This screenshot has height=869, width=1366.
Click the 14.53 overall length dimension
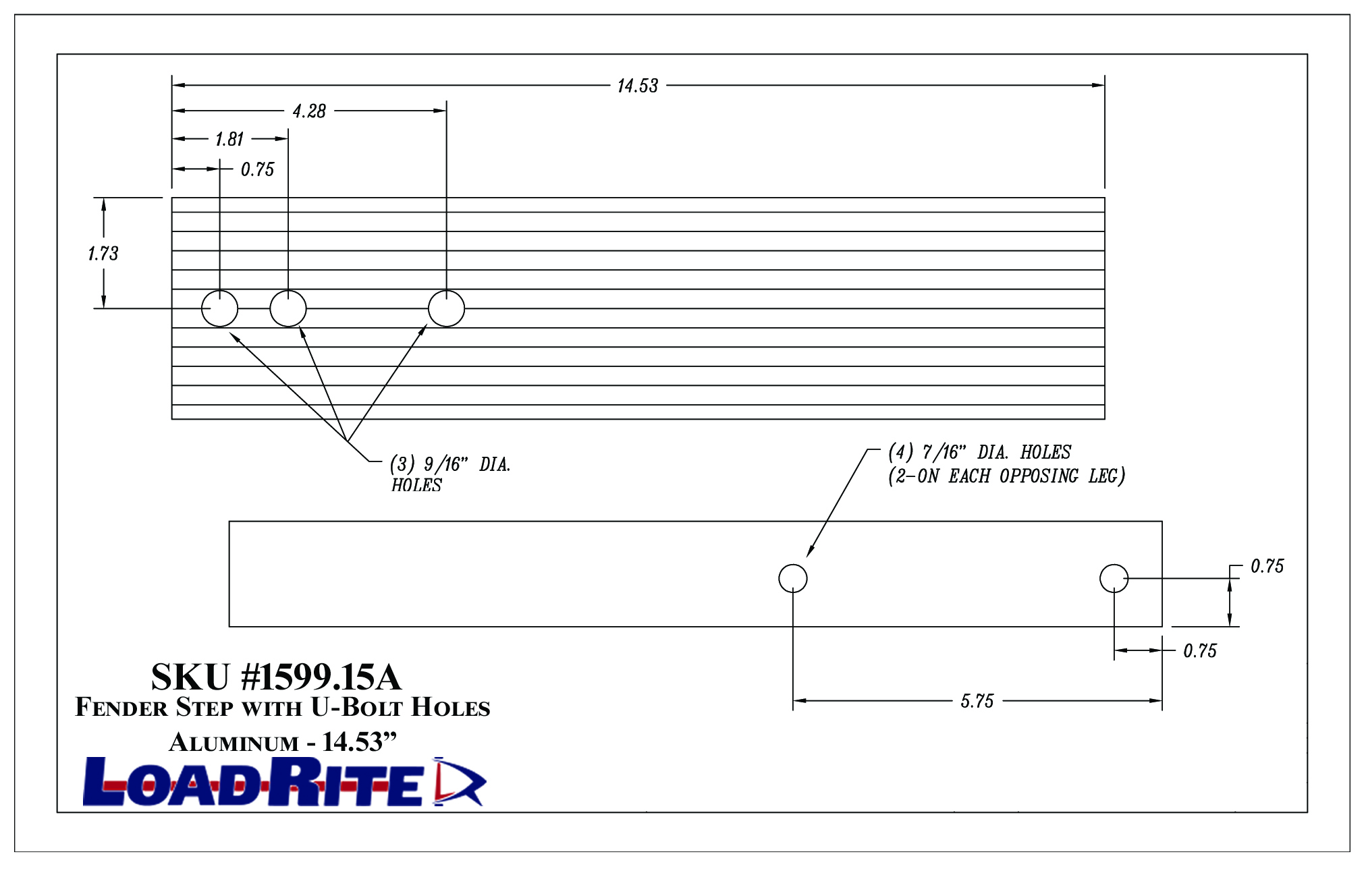pos(637,86)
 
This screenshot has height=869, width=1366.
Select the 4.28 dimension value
pos(309,111)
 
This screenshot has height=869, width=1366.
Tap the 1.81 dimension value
pos(229,139)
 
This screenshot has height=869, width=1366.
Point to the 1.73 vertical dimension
pos(103,254)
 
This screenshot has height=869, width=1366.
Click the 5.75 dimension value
pos(977,701)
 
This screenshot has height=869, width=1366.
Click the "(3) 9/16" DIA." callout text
pos(450,464)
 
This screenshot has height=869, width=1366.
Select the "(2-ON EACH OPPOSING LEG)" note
pos(1006,476)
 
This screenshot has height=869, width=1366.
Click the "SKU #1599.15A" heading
pos(276,677)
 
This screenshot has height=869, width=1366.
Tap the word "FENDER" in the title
pos(121,707)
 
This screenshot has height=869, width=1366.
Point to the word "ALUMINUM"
pos(234,742)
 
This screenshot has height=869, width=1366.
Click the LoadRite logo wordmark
pos(253,782)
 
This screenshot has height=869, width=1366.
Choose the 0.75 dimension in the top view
pos(258,169)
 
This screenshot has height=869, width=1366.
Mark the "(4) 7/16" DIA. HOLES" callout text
pos(979,452)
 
